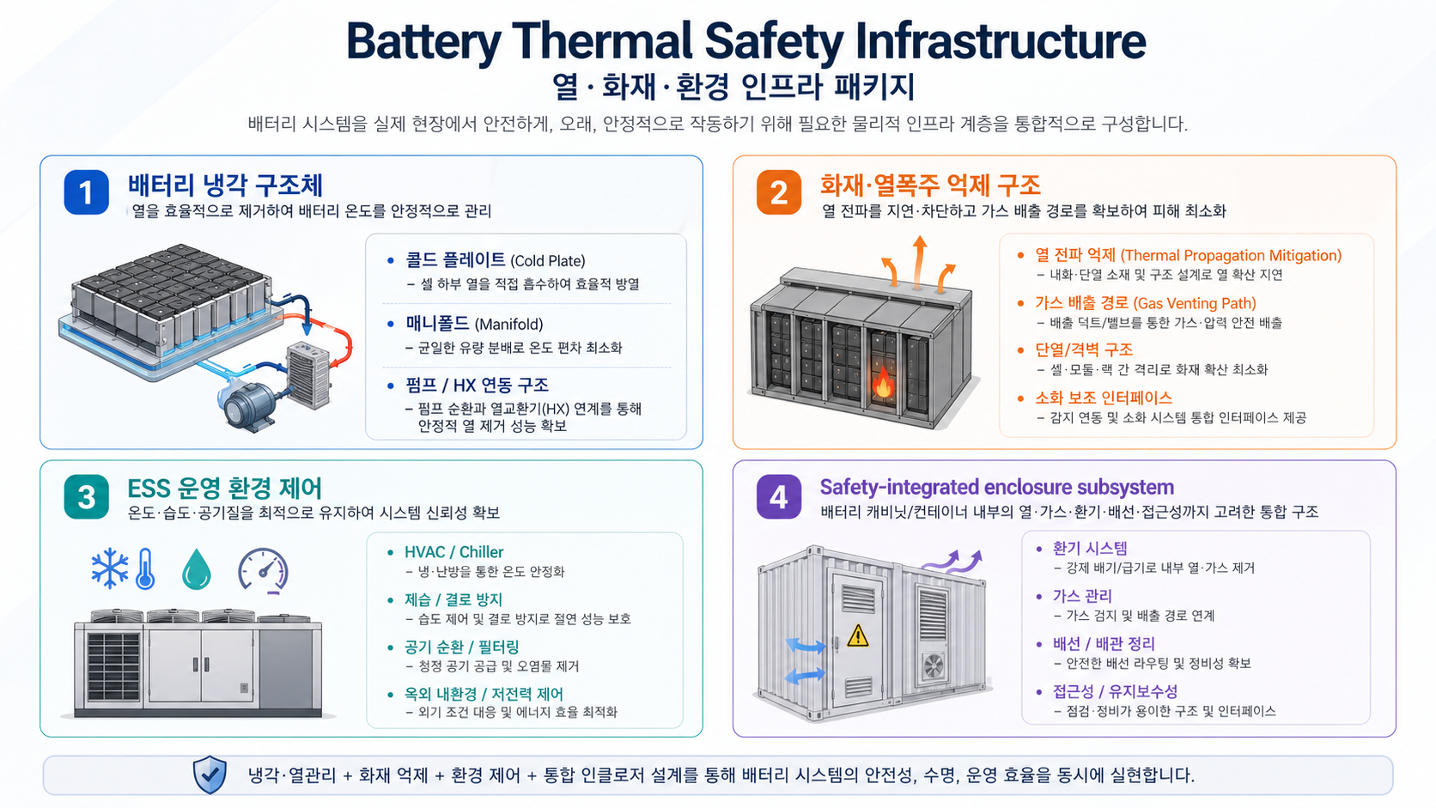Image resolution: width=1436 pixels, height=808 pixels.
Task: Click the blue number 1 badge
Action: point(87,191)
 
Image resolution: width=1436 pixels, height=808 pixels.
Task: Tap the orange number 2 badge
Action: point(779,191)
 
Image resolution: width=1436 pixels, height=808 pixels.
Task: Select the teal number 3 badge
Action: point(87,496)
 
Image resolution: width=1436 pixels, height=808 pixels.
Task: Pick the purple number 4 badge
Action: point(779,496)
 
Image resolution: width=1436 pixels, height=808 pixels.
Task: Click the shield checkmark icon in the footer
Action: point(210,775)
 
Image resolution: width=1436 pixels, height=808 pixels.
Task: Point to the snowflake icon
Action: point(110,568)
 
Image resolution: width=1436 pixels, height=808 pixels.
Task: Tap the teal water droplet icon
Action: point(196,569)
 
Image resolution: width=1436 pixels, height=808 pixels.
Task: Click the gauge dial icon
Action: point(264,569)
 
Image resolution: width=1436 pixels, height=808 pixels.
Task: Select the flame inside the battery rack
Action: point(883,383)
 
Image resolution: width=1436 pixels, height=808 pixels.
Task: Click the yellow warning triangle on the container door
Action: point(858,635)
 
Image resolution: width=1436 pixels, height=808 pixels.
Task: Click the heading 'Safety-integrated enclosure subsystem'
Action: point(997,487)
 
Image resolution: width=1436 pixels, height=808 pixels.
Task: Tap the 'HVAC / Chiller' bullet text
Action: point(453,552)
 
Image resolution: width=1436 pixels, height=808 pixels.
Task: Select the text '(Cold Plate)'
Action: point(548,261)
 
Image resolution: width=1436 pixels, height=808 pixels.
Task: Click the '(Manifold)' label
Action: point(508,325)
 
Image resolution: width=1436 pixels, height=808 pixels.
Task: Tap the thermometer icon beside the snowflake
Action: point(145,568)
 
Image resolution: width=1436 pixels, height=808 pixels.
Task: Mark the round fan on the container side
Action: point(934,666)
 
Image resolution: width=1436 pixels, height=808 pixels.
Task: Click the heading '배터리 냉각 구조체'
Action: point(225,185)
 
